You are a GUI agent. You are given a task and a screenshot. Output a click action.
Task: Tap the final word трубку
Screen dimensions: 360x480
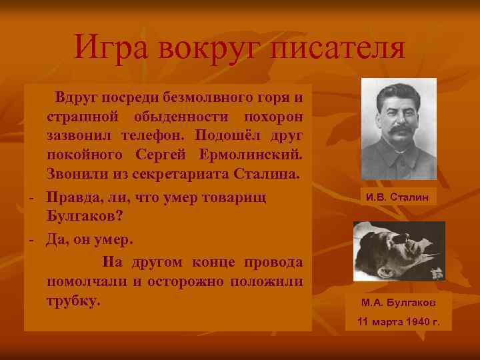click(73, 300)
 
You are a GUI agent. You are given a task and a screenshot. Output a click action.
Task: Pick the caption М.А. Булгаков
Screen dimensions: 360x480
click(399, 302)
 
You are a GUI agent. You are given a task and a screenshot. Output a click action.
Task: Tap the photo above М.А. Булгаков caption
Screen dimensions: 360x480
click(399, 251)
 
